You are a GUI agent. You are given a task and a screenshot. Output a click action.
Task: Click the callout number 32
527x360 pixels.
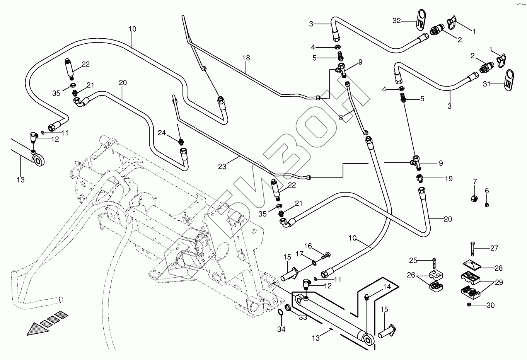tap(397, 20)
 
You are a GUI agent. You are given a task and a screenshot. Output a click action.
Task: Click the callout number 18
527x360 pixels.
tap(246, 58)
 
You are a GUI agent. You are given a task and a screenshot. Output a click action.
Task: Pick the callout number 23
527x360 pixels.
tap(222, 167)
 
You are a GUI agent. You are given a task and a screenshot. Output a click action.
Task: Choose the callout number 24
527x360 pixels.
tap(162, 133)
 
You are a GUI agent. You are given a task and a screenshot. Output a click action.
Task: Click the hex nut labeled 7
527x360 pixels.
tap(474, 199)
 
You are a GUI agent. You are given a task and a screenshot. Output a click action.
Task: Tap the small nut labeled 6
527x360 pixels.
tap(487, 204)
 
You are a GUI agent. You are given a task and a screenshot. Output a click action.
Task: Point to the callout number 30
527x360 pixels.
tap(490, 305)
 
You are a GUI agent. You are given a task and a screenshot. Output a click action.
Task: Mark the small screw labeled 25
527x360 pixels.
tap(434, 261)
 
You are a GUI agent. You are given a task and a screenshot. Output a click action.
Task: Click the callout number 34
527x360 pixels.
tap(281, 329)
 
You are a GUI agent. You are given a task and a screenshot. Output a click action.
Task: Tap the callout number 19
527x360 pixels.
tap(449, 179)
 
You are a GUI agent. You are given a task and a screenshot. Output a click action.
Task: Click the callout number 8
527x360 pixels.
tap(341, 117)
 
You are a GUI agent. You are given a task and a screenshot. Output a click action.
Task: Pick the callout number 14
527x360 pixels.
tap(387, 287)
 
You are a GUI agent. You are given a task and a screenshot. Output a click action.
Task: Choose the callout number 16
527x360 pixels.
tap(308, 246)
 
